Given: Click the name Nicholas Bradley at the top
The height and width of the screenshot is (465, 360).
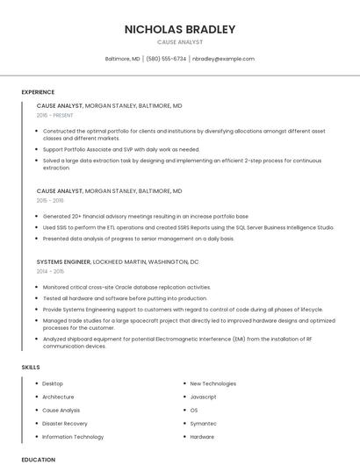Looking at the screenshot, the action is click(x=179, y=29).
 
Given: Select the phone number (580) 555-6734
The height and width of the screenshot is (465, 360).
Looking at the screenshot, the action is click(x=166, y=59).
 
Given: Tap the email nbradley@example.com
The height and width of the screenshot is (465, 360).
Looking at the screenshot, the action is click(x=223, y=59).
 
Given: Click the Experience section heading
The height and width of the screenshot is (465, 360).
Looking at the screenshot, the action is click(x=38, y=92).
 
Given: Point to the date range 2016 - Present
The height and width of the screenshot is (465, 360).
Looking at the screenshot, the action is click(x=55, y=115).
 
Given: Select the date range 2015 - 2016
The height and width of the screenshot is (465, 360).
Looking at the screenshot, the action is click(x=51, y=200).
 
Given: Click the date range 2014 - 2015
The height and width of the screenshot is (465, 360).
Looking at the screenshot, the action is click(x=51, y=271).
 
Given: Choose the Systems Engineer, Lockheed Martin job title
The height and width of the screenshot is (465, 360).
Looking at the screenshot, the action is click(x=118, y=261).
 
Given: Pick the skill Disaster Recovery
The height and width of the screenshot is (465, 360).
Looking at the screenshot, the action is click(x=65, y=423).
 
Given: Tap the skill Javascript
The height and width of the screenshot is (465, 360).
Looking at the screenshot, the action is click(x=205, y=397).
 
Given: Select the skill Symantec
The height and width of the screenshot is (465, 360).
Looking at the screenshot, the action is click(x=203, y=423).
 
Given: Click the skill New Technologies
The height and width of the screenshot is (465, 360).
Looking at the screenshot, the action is click(x=212, y=383).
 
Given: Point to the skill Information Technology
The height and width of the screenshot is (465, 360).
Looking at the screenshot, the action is click(x=73, y=436).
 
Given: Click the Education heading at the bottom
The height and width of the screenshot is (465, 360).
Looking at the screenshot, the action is click(x=38, y=459).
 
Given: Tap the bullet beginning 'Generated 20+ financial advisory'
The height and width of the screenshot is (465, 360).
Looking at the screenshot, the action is click(x=145, y=216).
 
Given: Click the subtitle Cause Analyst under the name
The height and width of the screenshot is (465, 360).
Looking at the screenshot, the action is click(x=179, y=42).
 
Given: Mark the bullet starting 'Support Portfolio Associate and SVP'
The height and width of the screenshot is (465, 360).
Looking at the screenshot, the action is click(x=121, y=149).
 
